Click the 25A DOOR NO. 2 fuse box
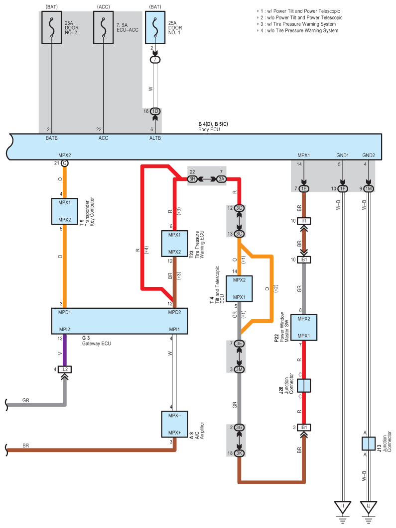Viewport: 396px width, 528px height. coord(52,28)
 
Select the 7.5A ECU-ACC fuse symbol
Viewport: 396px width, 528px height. coord(104,28)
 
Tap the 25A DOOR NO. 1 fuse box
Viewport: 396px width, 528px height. coord(155,28)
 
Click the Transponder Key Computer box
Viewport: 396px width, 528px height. coord(65,211)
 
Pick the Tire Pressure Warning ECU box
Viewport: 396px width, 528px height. coord(174,244)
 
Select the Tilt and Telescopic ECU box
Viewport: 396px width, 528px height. coord(239,288)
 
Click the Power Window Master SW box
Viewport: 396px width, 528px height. coord(303,327)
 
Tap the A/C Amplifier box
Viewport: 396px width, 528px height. coord(174,424)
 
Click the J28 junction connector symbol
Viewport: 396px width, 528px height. coord(303,386)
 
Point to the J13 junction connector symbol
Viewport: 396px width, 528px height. coord(368,444)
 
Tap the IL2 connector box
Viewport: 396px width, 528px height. coord(64,369)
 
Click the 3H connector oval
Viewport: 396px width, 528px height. coord(192,179)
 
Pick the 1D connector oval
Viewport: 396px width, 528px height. coord(155,111)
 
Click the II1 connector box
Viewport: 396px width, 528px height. coord(303,221)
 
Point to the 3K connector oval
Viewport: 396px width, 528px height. coord(239,453)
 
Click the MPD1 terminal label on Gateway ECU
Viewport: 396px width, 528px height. coord(64,313)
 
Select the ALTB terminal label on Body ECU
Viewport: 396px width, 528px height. coord(155,138)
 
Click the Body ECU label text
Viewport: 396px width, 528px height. coord(209,130)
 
